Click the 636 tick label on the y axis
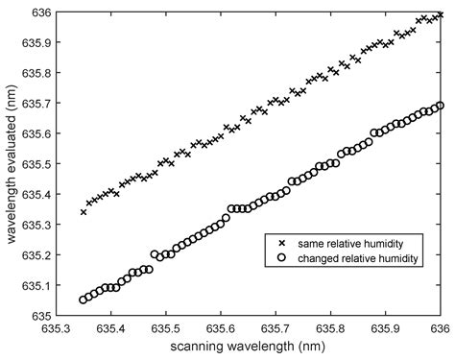[x=37, y=12]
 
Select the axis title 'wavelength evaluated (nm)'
[x=10, y=163]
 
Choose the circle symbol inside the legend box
[x=280, y=260]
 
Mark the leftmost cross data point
[x=84, y=211]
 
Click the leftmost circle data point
[x=84, y=300]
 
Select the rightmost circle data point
[x=441, y=106]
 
